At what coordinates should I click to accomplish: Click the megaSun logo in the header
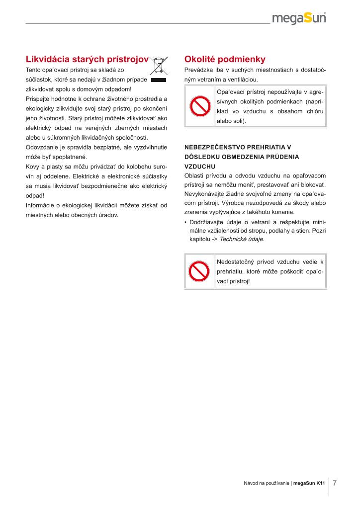(x=299, y=18)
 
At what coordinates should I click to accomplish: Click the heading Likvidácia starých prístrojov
(x=87, y=59)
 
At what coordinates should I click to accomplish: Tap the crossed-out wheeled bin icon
(x=159, y=66)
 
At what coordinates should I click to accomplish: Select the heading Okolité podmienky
(x=225, y=59)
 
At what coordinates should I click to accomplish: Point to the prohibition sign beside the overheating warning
(x=199, y=271)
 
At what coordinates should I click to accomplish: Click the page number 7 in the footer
(x=335, y=483)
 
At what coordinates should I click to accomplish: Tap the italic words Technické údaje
(x=242, y=239)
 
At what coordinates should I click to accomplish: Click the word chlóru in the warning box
(x=313, y=111)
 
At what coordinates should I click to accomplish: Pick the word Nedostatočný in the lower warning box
(x=234, y=261)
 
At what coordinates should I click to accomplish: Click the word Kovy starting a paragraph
(x=33, y=167)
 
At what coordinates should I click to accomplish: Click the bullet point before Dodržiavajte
(x=185, y=222)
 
